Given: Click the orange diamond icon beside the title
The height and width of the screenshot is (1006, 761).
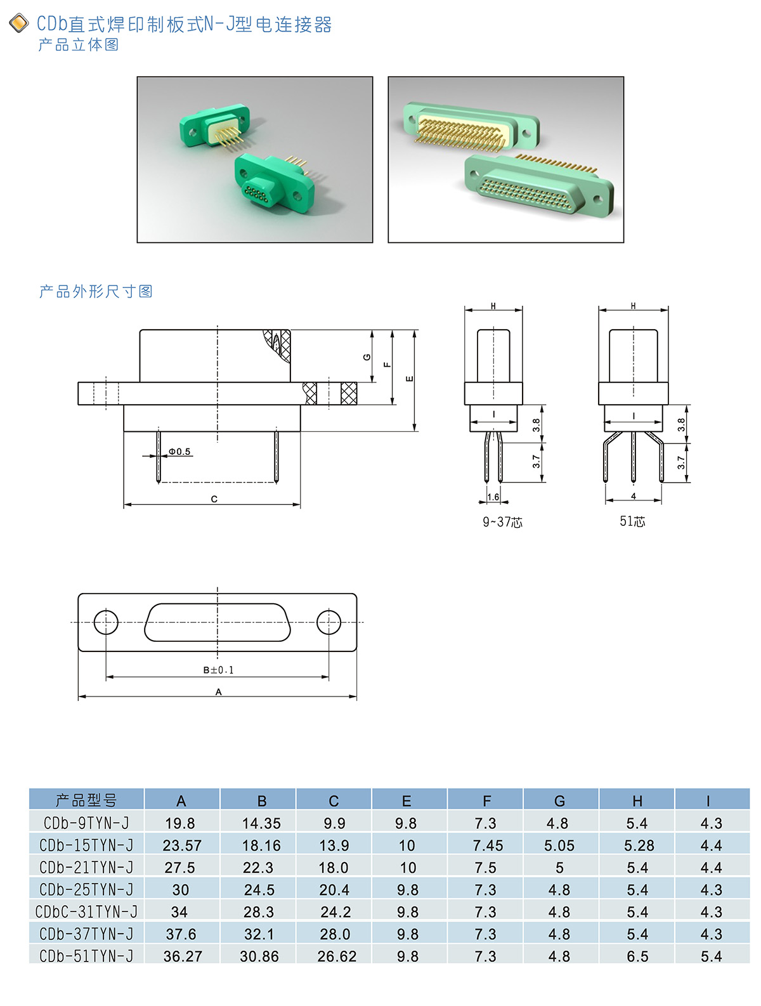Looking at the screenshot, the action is [x=19, y=23].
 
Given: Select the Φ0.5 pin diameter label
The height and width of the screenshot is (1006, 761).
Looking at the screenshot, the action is [x=179, y=452].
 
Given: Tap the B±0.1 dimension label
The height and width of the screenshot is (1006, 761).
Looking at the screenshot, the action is [x=219, y=670].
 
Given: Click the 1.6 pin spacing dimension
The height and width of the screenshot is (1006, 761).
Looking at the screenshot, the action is [x=493, y=497].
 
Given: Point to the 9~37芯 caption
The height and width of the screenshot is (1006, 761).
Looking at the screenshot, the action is [x=502, y=522].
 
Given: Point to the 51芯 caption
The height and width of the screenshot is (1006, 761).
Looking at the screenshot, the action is [x=632, y=521].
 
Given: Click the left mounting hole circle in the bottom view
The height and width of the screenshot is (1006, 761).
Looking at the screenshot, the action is [x=106, y=622].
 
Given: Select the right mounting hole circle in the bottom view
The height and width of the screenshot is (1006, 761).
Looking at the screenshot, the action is [x=328, y=622].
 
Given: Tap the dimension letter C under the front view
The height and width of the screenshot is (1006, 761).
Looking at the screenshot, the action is [x=214, y=499].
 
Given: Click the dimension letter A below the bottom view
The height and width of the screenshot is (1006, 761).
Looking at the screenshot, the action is [x=219, y=691].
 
